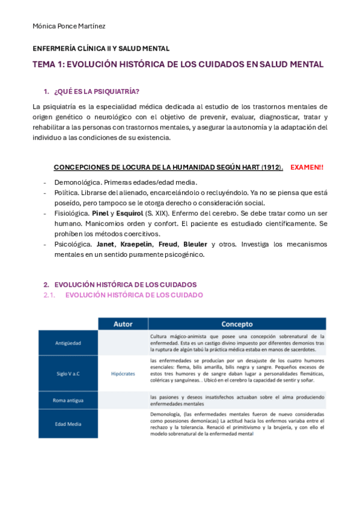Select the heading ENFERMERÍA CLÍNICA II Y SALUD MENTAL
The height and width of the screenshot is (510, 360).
[x=100, y=49]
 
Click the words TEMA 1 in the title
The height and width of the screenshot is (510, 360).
[x=48, y=64]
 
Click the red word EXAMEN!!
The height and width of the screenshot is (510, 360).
[x=307, y=167]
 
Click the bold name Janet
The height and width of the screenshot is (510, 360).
[x=106, y=244]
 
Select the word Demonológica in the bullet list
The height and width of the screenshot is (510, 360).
[x=76, y=182]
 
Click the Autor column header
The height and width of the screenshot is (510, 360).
[x=123, y=324]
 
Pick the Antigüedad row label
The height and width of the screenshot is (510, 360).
[x=67, y=343]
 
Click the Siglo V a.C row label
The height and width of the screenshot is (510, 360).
[x=67, y=373]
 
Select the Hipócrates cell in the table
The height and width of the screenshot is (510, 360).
[x=123, y=373]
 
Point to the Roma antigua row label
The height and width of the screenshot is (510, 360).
[x=67, y=400]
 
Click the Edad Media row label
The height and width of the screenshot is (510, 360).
[x=67, y=424]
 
